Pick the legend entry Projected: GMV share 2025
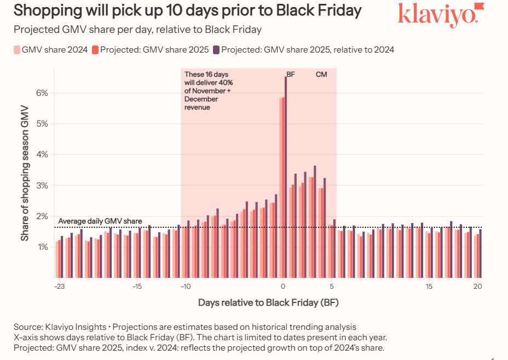coord(151,50)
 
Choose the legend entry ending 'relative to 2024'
coord(303,50)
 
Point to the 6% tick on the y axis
coord(43,93)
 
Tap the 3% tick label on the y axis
coord(43,186)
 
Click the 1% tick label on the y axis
coord(43,248)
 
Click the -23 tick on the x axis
coord(60,287)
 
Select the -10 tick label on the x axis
coord(186,287)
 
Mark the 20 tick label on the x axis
coord(477,287)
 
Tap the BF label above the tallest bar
coord(291,75)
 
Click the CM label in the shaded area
coord(321,75)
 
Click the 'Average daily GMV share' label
coord(100,221)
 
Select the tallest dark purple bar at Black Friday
coord(285,175)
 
